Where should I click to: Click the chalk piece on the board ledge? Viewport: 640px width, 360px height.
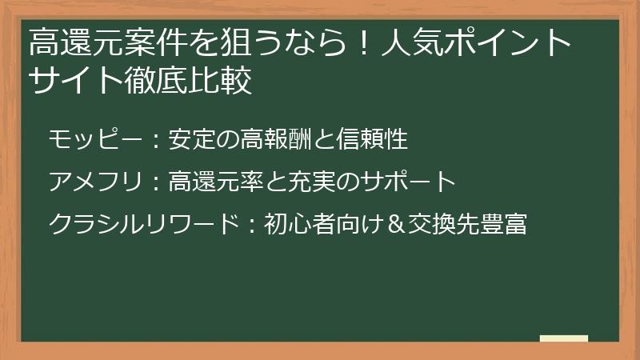click(x=563, y=338)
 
